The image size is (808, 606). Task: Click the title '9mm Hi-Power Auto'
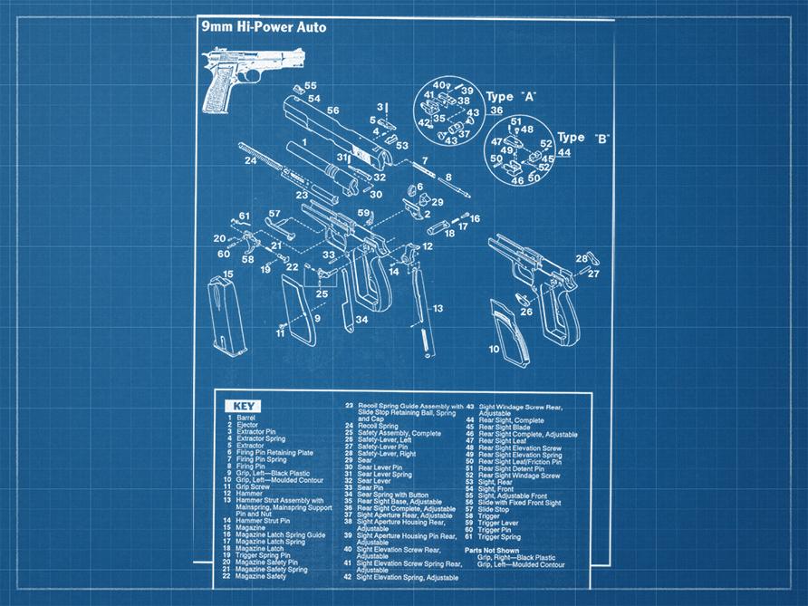(x=264, y=27)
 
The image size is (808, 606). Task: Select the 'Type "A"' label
(x=512, y=97)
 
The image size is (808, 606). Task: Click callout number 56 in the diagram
(x=333, y=111)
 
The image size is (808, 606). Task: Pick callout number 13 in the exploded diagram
(x=438, y=309)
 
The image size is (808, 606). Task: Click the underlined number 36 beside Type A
(x=495, y=111)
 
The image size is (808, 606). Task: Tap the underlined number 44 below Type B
(x=563, y=152)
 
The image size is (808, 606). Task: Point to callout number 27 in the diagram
(x=594, y=274)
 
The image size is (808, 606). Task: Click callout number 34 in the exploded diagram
(x=361, y=319)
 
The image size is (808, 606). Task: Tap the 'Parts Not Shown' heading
(x=491, y=550)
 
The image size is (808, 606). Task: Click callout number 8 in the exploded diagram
(x=447, y=177)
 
